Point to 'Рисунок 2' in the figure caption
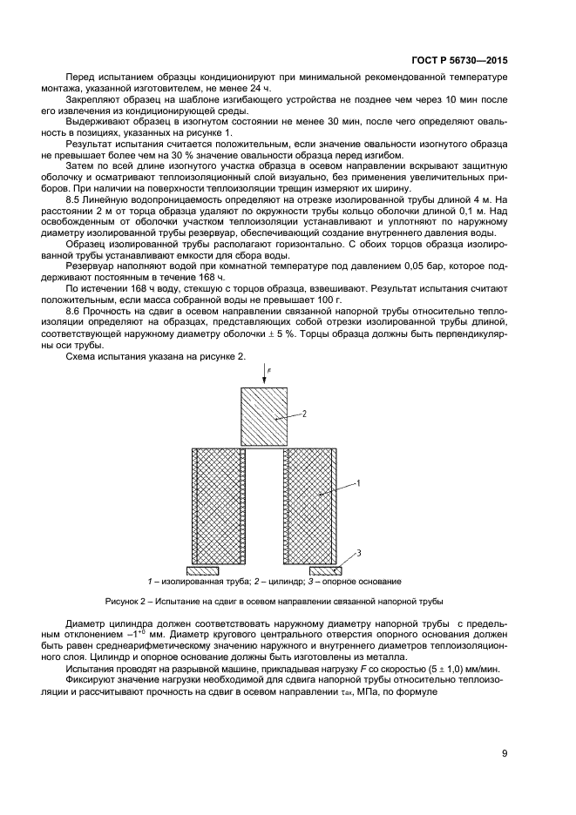tap(126, 602)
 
